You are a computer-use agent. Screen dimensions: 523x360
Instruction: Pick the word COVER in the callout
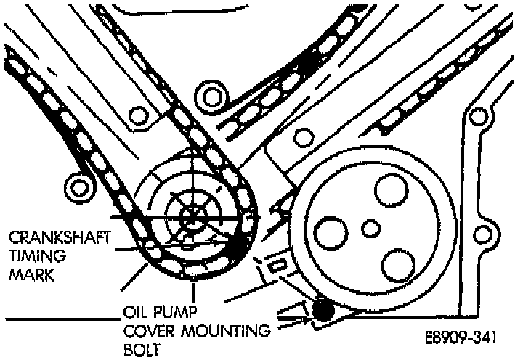[148, 332]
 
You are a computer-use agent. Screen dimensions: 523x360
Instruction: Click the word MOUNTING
[225, 332]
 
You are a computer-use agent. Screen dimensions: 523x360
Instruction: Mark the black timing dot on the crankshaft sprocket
[237, 247]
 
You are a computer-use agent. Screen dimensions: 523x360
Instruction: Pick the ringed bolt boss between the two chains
[213, 95]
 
